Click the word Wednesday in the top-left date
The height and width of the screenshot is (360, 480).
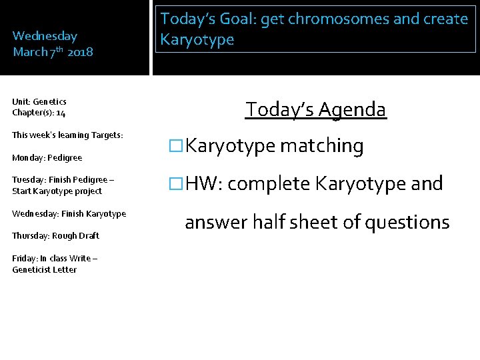(45, 36)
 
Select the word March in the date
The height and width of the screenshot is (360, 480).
(29, 52)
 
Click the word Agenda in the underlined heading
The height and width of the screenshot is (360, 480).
(353, 109)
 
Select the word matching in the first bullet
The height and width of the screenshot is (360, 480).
(321, 146)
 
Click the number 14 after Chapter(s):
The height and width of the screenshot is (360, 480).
(61, 113)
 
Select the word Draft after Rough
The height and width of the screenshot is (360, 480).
(88, 236)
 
